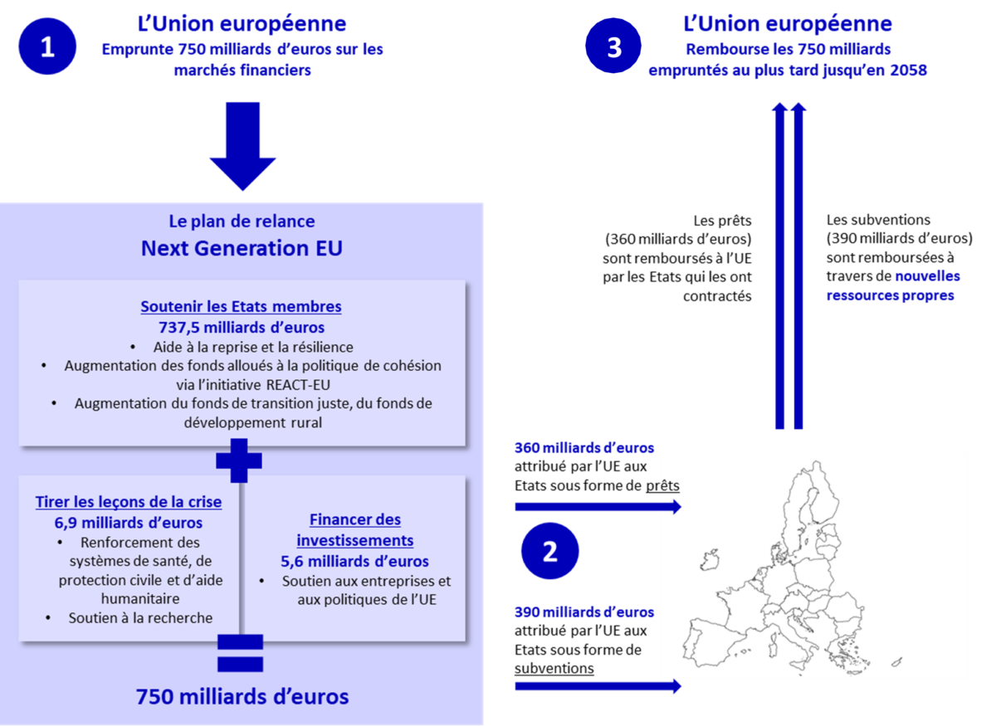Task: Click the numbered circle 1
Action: click(x=47, y=46)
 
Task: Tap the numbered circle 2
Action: click(x=549, y=552)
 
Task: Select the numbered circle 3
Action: click(x=614, y=46)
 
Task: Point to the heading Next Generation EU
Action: click(x=242, y=248)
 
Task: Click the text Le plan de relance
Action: click(x=242, y=222)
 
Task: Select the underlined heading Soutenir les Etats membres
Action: click(x=241, y=306)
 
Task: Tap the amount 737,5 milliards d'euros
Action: click(x=241, y=327)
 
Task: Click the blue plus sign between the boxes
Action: click(x=239, y=460)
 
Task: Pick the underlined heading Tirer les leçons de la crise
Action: click(x=129, y=502)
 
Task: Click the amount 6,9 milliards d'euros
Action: click(x=129, y=523)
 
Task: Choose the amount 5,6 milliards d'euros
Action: click(x=355, y=561)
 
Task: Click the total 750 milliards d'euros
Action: click(x=242, y=696)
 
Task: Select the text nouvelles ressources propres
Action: click(x=892, y=285)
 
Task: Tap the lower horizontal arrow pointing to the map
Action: click(x=598, y=686)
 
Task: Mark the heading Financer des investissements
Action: click(x=355, y=530)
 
